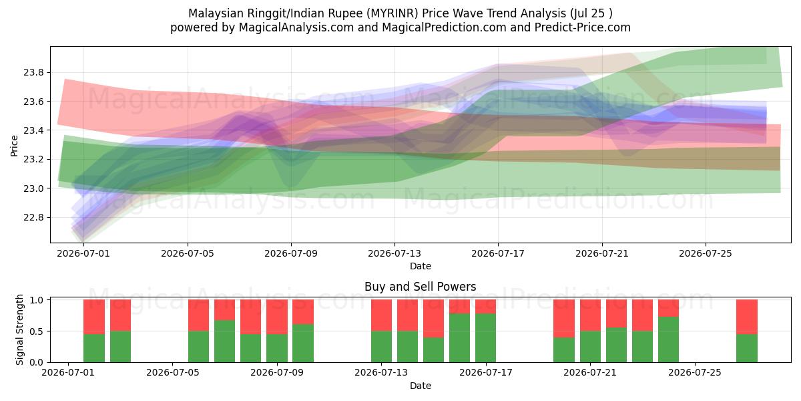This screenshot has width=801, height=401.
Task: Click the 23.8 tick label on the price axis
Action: click(33, 73)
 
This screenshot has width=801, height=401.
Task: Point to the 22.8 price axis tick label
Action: click(33, 218)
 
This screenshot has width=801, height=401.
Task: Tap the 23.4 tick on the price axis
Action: click(33, 131)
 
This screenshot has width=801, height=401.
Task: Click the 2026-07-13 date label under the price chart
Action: click(394, 253)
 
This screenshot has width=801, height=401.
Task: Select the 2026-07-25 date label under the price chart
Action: click(706, 253)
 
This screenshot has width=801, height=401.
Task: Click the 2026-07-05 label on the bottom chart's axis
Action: click(173, 373)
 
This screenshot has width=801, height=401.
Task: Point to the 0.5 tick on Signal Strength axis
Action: click(37, 331)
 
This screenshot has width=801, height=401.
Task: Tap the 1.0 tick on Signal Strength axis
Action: click(37, 300)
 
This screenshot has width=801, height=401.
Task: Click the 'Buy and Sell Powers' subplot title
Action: click(420, 287)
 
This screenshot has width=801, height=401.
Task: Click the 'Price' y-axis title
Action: click(14, 146)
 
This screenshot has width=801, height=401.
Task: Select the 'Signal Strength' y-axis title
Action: click(19, 329)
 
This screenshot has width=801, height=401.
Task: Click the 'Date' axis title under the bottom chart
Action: click(421, 386)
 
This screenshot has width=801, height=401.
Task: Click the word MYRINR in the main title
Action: click(394, 13)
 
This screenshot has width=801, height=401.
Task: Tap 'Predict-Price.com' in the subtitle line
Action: click(583, 27)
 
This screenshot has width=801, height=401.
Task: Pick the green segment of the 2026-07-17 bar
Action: click(486, 338)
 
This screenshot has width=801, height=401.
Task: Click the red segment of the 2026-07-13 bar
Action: click(382, 315)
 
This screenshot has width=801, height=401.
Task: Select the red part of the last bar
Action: click(747, 317)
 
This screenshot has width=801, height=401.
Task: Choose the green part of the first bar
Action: click(94, 348)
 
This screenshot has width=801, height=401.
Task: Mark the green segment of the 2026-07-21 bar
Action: click(590, 347)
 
